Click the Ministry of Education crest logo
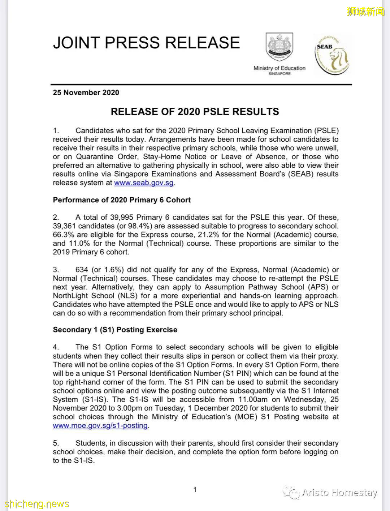coord(279,47)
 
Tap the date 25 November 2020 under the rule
coord(86,93)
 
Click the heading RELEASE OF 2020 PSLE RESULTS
coord(195,112)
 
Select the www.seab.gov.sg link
coord(144,183)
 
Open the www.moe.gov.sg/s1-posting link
coord(100,426)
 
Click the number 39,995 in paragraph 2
coord(126,218)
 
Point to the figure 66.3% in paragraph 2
coord(64,235)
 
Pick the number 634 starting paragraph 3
coord(82,270)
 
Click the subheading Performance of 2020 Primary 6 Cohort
coord(122,200)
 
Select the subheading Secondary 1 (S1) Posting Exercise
coord(115,330)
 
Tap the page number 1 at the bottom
coord(195,490)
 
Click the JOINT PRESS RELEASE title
coord(146,43)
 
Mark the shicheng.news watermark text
coord(37,504)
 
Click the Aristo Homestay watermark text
coord(339,493)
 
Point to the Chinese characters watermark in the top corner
coord(365,12)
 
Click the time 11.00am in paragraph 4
coord(253,400)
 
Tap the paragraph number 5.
coord(56,443)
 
